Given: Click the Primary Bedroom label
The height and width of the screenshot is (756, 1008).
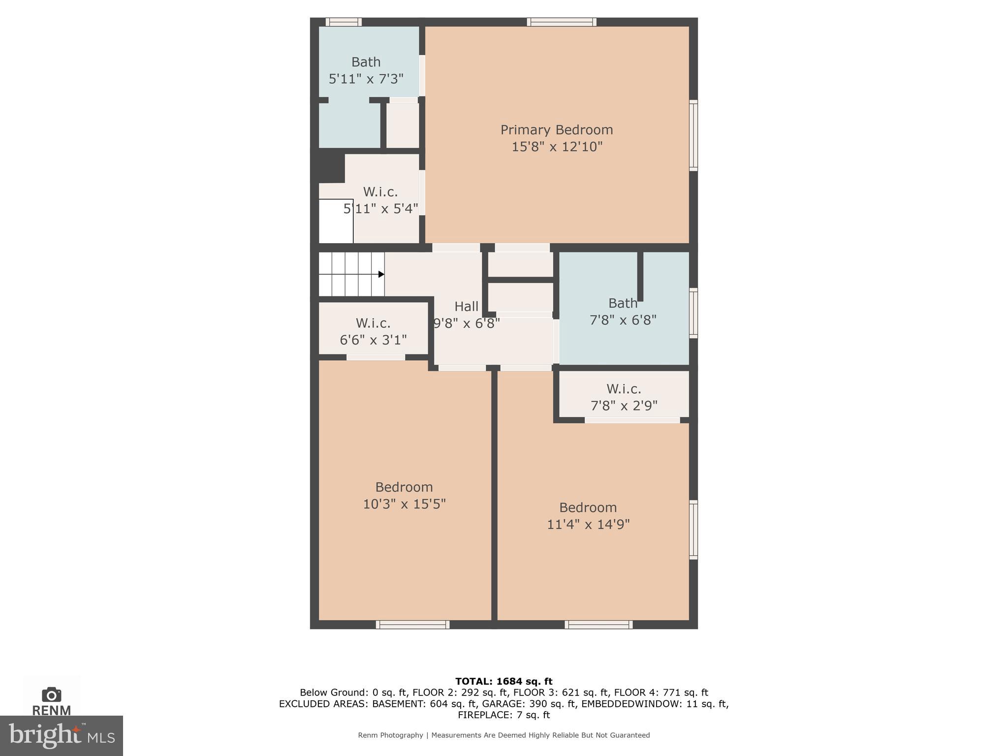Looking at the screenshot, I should (557, 130).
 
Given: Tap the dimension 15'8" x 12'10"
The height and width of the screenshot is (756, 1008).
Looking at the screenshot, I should (557, 147).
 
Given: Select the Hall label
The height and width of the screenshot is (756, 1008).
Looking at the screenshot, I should (466, 307).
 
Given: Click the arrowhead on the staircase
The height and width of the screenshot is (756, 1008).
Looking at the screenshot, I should (381, 274).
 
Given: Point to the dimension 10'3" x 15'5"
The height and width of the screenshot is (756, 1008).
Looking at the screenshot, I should (404, 504).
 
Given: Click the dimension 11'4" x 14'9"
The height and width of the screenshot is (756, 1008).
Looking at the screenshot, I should (588, 524).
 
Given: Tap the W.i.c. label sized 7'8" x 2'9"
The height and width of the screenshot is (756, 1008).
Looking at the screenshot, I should (624, 389).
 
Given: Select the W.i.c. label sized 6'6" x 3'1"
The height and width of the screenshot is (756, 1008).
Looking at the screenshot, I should (373, 323).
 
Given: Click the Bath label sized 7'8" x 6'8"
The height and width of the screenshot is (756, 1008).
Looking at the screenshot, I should (623, 303).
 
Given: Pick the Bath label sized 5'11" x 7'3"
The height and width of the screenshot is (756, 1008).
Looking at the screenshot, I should (366, 62).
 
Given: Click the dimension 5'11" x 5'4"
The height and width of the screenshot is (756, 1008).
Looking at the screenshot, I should (380, 209).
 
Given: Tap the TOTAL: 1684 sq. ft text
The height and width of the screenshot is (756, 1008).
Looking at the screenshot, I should (504, 681).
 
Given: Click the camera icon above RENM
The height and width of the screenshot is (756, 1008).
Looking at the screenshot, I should (51, 694).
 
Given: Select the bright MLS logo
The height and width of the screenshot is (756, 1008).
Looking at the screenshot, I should (61, 735).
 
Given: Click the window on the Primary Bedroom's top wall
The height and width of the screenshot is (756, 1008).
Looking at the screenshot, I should (562, 22).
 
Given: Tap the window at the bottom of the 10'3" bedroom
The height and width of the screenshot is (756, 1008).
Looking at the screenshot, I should (412, 625).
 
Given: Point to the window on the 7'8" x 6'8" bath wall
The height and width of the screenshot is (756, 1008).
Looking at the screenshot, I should (693, 313).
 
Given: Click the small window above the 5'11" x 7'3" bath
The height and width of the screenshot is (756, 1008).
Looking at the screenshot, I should (343, 22).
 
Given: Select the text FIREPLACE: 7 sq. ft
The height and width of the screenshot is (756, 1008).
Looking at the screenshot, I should (504, 715).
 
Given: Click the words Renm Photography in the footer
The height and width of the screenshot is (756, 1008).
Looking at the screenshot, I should (390, 735).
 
